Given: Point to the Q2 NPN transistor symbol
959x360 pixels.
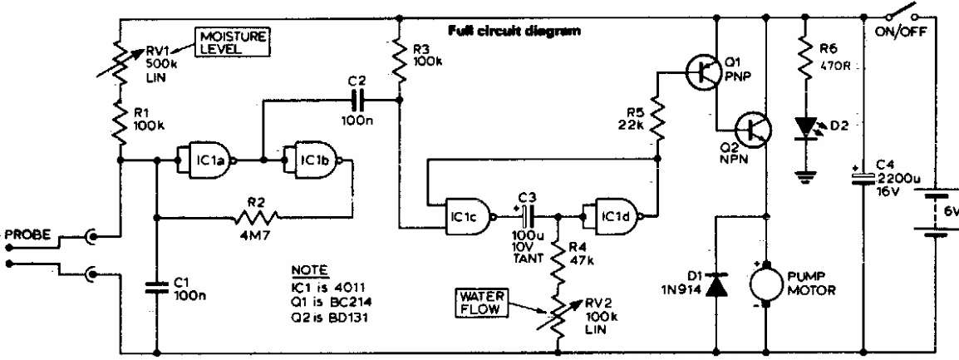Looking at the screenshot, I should [755, 128].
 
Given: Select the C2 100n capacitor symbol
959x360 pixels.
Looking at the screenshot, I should [357, 101].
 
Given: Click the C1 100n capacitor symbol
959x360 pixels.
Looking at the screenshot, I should [157, 287].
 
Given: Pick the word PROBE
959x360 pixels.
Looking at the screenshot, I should [26, 235].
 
